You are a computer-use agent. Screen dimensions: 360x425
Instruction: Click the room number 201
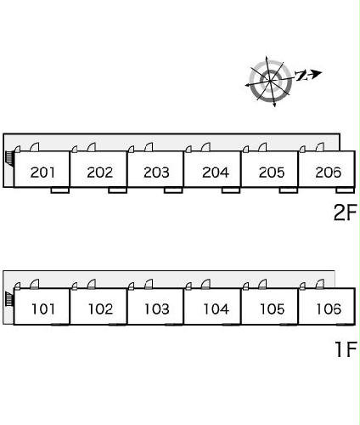pos(42,173)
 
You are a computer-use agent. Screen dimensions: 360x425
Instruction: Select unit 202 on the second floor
pos(99,173)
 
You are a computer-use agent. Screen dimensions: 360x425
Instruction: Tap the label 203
pos(156,173)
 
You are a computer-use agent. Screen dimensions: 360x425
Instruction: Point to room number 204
pos(216,173)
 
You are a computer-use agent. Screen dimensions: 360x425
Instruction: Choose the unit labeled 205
pos(272,173)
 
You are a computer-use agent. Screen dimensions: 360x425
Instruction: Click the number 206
pos(329,173)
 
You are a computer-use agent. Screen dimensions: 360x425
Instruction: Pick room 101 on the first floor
pos(43,309)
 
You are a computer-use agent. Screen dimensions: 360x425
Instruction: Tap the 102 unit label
pos(100,309)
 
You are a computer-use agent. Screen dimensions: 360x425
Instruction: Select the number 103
pos(157,309)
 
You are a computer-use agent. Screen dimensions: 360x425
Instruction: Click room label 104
pos(217,309)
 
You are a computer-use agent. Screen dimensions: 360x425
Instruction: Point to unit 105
pos(273,309)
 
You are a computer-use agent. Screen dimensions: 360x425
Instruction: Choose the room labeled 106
pos(329,309)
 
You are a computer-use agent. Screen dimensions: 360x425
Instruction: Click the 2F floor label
pos(345,212)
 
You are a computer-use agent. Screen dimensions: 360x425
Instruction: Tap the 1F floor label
pos(346,349)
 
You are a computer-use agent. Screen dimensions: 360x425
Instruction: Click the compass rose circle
pos(270,81)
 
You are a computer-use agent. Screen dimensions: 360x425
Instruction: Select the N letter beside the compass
pos(301,76)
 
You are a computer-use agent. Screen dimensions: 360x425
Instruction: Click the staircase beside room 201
pos(9,158)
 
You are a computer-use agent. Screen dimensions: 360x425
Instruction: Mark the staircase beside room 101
pos(9,299)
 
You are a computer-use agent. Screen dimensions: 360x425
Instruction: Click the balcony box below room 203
pos(173,190)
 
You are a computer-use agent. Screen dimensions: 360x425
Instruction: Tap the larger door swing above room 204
pos(205,147)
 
